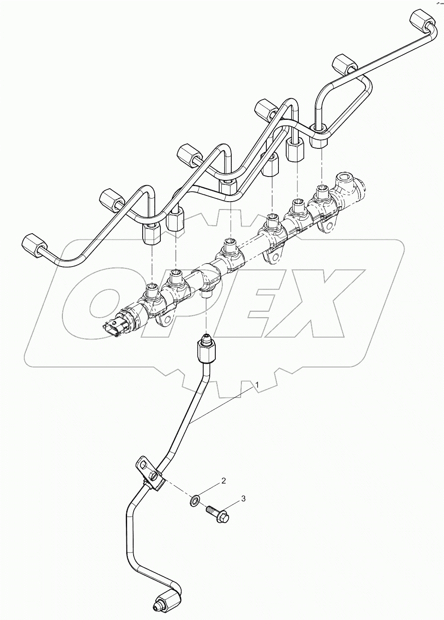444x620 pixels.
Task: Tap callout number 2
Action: pos(224,481)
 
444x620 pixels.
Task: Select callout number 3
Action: pos(243,499)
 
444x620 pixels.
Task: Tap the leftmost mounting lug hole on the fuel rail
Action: pos(165,321)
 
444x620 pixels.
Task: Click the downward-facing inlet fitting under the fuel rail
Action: pos(207,294)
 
